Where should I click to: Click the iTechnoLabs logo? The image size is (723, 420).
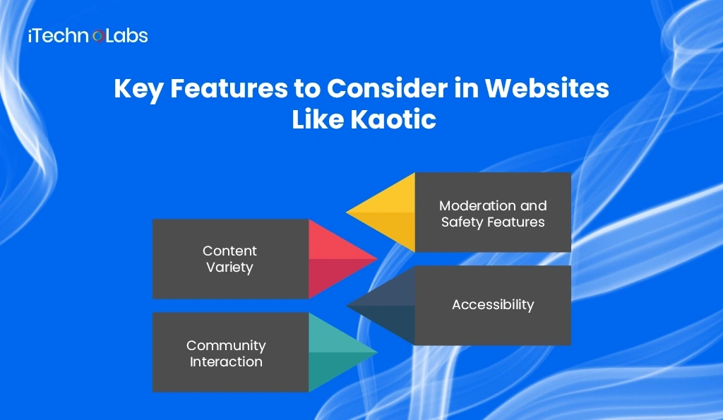(88, 36)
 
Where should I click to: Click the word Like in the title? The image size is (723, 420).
(318, 120)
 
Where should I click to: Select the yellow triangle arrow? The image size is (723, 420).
(385, 212)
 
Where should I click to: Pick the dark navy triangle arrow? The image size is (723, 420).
(385, 306)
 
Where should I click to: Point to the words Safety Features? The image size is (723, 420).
(493, 222)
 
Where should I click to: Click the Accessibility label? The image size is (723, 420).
(493, 305)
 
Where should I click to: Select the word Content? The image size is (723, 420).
(229, 251)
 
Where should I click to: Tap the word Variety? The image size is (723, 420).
(229, 268)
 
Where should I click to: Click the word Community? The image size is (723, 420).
(226, 345)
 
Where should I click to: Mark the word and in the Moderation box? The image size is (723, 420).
(533, 205)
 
